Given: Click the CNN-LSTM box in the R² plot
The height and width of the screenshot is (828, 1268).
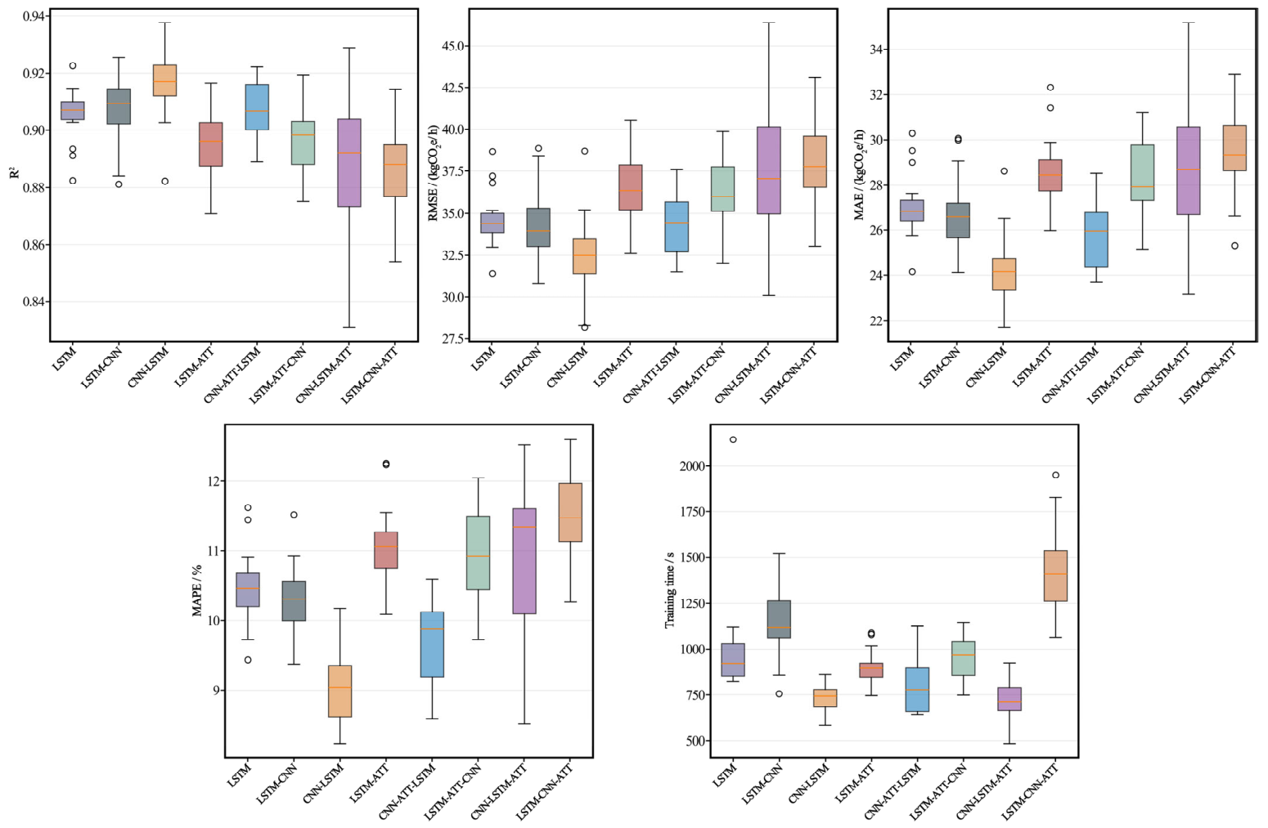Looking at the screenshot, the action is tap(165, 80).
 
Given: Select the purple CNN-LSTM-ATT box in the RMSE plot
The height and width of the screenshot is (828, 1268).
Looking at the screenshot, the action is tap(769, 170).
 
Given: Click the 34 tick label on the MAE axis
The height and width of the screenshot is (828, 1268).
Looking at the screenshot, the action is tap(875, 50).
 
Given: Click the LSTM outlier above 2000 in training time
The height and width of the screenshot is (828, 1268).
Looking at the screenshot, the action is tap(733, 440).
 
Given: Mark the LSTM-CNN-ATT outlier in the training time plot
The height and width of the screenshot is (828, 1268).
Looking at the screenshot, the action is tap(1056, 475).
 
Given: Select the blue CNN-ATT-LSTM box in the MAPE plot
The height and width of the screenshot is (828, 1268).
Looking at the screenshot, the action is tap(433, 644).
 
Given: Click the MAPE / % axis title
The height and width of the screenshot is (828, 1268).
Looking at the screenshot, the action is tap(197, 590).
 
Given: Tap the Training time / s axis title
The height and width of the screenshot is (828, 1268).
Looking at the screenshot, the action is tap(670, 590).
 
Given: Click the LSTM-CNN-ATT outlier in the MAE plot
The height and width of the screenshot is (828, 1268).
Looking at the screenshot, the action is tap(1234, 245).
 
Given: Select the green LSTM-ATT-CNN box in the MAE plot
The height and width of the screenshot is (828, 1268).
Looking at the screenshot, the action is tap(1142, 172).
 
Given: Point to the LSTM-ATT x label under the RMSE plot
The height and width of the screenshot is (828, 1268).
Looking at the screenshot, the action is tap(613, 367).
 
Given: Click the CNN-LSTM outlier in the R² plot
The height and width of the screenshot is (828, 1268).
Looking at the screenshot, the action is tap(164, 181).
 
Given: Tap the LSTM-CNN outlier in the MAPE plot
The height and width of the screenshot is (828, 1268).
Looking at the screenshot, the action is tap(294, 515).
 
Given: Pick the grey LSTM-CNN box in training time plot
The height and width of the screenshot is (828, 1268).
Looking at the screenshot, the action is tap(779, 620).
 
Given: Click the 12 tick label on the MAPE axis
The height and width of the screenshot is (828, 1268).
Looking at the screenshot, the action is tap(213, 481).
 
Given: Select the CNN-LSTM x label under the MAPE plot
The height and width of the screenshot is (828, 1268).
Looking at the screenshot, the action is tap(323, 783).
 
